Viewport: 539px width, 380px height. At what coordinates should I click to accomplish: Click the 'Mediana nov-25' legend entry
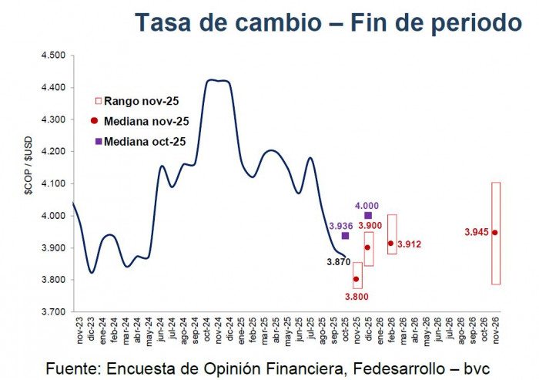[140, 121]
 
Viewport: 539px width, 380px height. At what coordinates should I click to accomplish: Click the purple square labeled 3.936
[345, 236]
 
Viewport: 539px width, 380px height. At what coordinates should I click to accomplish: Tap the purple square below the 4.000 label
[368, 216]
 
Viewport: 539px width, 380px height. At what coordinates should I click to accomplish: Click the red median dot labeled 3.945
[495, 232]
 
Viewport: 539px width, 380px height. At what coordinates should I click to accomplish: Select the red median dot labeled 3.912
[391, 243]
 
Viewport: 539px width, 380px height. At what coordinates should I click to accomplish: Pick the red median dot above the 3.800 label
[357, 279]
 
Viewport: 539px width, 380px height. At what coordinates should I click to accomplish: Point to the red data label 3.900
[369, 225]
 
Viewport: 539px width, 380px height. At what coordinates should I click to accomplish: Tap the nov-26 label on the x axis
[495, 332]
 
